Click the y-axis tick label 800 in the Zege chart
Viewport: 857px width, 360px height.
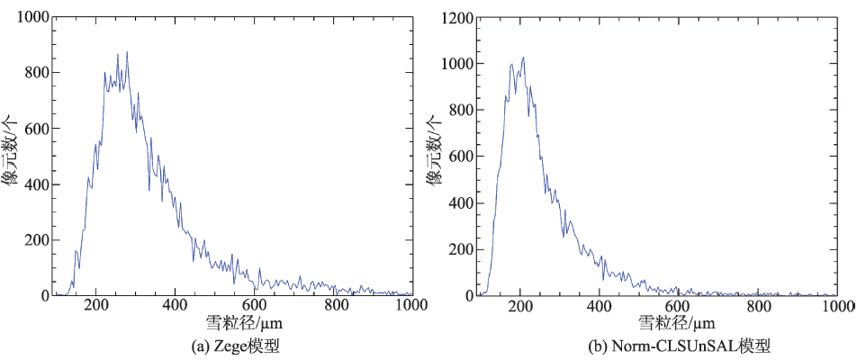tap(37, 73)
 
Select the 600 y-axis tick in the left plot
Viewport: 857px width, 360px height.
tap(37, 129)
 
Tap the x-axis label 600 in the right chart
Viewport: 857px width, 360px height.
tap(679, 306)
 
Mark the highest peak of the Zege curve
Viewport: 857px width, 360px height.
tap(127, 52)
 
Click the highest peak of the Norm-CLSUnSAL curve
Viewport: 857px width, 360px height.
tap(523, 58)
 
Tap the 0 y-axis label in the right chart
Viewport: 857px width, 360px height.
tap(469, 295)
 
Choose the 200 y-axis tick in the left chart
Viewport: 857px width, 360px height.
tap(37, 239)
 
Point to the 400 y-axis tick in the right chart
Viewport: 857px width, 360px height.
tap(462, 202)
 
